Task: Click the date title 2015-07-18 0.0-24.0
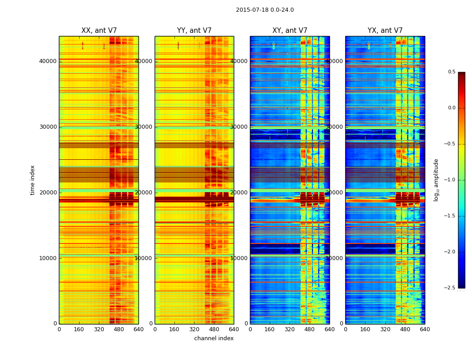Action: point(265,10)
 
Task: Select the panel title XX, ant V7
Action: point(99,31)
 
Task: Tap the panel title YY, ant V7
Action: point(194,31)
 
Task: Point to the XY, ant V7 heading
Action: point(290,31)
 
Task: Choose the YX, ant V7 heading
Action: point(385,31)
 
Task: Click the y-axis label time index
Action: point(32,180)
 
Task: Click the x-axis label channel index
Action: point(214,338)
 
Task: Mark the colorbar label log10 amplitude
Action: point(436,180)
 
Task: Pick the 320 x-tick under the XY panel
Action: point(290,329)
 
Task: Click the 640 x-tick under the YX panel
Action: point(425,329)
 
